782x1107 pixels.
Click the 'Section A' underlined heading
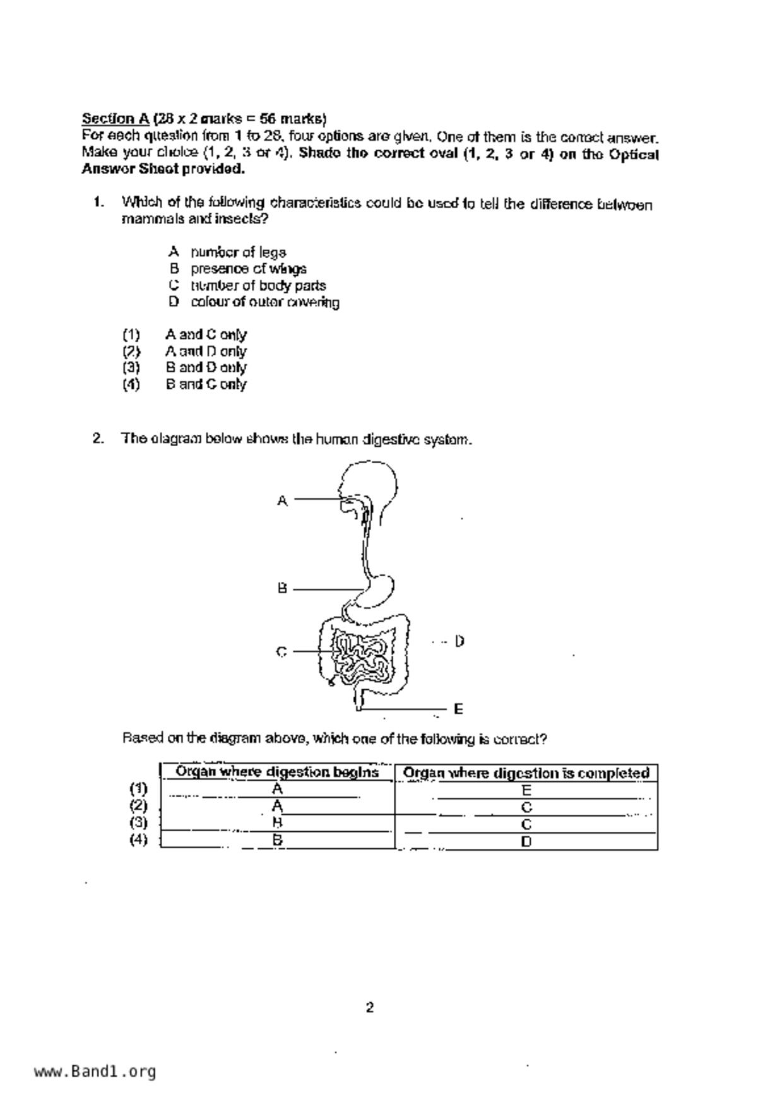[x=116, y=119]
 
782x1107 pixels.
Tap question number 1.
[x=98, y=202]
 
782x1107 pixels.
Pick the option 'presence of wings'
[x=248, y=269]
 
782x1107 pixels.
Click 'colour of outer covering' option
[x=264, y=302]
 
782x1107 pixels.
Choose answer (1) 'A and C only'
[x=205, y=334]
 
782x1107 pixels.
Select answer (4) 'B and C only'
[x=205, y=384]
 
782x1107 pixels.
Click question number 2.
[x=98, y=439]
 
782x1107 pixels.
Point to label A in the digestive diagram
[x=282, y=501]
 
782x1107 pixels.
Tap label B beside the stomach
[x=282, y=588]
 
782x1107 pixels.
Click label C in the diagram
[x=281, y=652]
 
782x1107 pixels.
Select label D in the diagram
[x=459, y=641]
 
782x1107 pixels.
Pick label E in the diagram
[x=458, y=709]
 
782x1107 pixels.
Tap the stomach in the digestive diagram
[x=379, y=590]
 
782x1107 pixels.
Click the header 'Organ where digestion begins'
[x=277, y=772]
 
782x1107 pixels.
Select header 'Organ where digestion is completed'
[x=526, y=773]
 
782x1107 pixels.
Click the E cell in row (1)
[x=526, y=790]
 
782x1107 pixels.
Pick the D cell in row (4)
[x=526, y=841]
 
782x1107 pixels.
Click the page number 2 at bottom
[x=370, y=1007]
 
